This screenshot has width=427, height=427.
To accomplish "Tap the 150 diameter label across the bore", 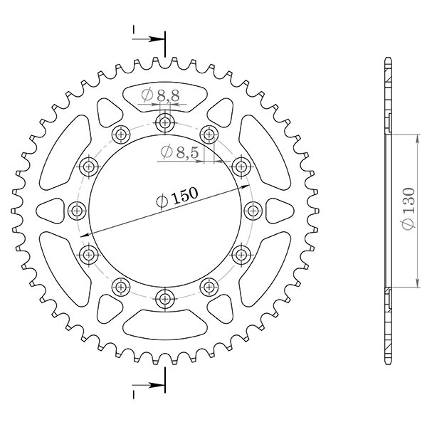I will [x=176, y=199].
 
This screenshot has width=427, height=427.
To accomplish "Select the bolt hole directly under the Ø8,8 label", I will [x=165, y=122].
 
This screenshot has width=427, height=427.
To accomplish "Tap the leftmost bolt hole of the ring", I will [x=77, y=210].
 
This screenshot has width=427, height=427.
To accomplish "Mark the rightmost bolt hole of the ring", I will [x=253, y=210].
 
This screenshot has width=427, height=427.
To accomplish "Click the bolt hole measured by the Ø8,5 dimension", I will [x=241, y=167].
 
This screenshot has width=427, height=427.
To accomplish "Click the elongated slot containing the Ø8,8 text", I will [x=164, y=96].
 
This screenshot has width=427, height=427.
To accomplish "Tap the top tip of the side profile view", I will [x=387, y=57].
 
